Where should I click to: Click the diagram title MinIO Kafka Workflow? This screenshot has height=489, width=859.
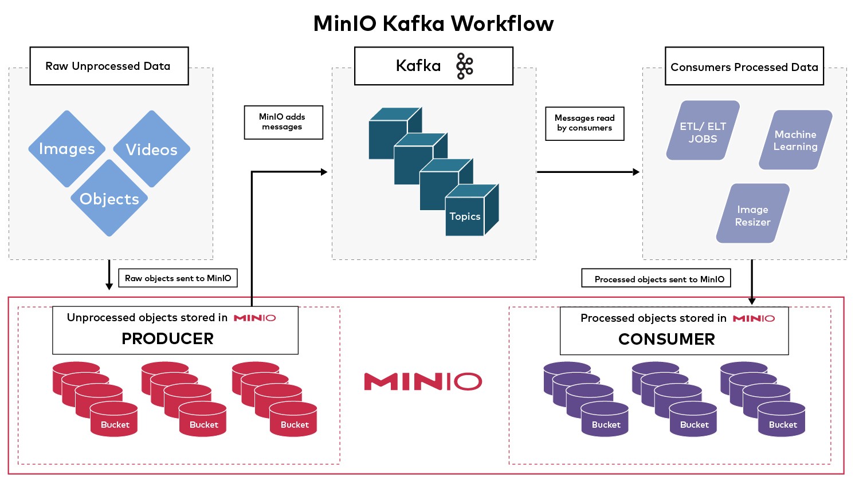[433, 23]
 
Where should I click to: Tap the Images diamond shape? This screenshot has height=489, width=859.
[67, 149]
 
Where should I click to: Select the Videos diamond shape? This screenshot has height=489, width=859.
[151, 149]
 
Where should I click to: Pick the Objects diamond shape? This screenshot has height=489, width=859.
[109, 199]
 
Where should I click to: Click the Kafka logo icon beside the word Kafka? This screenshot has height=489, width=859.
[464, 66]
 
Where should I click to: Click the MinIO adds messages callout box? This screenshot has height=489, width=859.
[283, 122]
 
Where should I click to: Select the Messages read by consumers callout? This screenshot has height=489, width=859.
[585, 123]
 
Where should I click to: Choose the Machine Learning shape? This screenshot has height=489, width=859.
[795, 140]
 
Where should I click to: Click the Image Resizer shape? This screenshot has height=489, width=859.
[752, 214]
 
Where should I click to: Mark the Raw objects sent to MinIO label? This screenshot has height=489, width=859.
[178, 278]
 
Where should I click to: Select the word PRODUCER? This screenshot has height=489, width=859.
[167, 339]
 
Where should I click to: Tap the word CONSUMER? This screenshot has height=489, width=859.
[666, 340]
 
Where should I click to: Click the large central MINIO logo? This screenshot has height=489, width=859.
[423, 382]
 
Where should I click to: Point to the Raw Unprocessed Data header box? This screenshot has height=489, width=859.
[109, 66]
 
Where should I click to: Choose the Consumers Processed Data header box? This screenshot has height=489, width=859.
[744, 67]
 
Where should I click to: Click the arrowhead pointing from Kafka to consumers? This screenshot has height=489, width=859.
[636, 172]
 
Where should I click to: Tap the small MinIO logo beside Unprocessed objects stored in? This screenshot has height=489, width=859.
[254, 318]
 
